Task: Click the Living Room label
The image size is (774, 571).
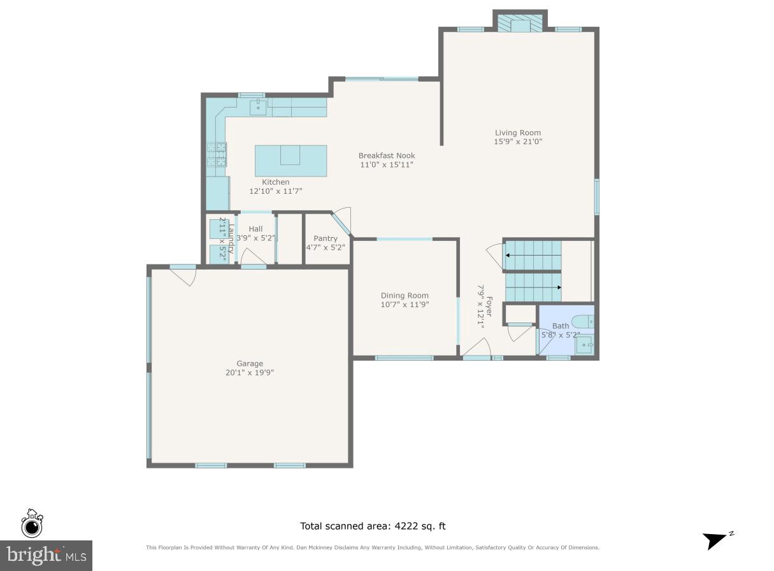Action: tap(517, 133)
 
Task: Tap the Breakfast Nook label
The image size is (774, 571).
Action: tap(386, 155)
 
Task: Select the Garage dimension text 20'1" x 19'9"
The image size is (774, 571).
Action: tap(249, 373)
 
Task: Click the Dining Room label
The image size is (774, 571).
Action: tap(405, 295)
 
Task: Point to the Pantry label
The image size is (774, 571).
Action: tap(325, 238)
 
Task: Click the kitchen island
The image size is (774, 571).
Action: tap(291, 160)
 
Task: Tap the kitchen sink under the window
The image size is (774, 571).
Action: tap(259, 106)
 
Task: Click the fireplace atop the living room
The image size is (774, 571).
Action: tap(520, 23)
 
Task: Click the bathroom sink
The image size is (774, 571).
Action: tap(585, 345)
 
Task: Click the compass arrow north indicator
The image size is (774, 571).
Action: tap(717, 540)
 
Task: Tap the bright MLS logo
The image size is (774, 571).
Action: tap(46, 555)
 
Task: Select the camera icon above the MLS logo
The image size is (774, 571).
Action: tap(32, 524)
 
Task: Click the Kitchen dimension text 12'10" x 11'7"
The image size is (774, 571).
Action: tap(276, 191)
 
